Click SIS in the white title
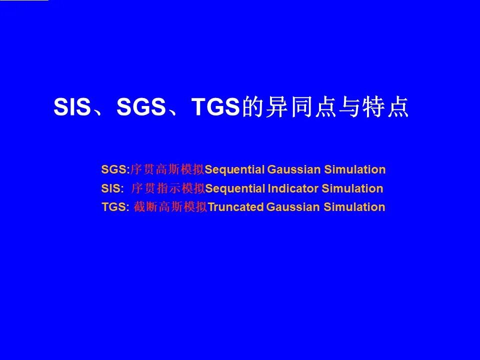(x=72, y=107)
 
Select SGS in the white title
(x=141, y=107)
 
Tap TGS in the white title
(x=215, y=107)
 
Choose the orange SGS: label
(x=115, y=169)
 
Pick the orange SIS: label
(x=112, y=188)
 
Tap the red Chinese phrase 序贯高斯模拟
(x=167, y=169)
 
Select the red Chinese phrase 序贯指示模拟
(x=168, y=188)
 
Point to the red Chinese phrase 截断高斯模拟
(x=170, y=207)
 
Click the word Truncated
(x=235, y=207)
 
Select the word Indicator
(x=293, y=188)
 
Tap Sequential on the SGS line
(x=234, y=170)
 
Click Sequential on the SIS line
(x=235, y=189)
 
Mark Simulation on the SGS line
(x=355, y=169)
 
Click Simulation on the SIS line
(x=352, y=188)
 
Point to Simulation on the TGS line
(x=354, y=207)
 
